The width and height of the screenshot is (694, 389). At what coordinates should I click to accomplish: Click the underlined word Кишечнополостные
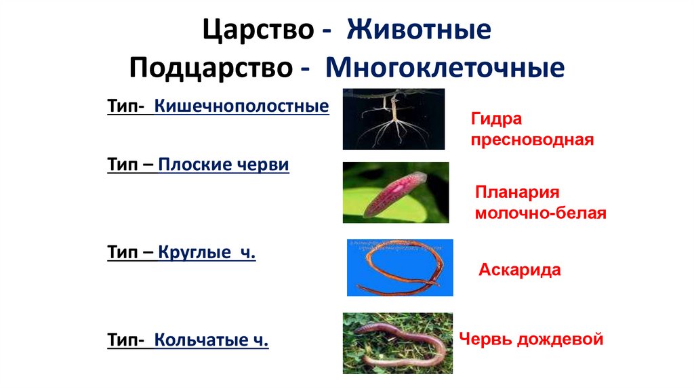(242, 106)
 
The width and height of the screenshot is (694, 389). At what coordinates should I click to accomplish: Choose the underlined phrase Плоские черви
(224, 165)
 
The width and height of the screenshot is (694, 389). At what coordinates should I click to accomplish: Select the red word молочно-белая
(540, 213)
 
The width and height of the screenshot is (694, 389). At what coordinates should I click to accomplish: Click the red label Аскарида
(520, 270)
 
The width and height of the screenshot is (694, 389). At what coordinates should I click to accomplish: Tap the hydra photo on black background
(393, 119)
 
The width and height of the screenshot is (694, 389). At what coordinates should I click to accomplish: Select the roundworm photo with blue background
(400, 267)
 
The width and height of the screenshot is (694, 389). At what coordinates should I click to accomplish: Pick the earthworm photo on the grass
(397, 342)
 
